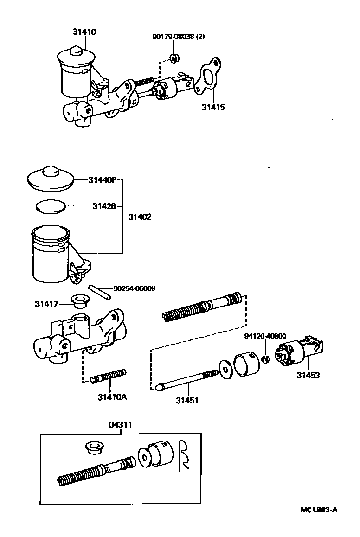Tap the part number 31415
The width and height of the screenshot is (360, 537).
click(213, 108)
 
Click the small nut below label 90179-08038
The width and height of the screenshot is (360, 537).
click(175, 58)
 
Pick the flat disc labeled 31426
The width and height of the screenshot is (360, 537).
click(51, 206)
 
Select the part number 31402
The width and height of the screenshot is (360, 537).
click(140, 217)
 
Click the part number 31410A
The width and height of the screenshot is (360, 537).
click(112, 397)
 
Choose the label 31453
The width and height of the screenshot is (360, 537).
click(308, 376)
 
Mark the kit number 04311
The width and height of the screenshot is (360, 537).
click(121, 424)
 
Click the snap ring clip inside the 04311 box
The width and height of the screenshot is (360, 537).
click(183, 456)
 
